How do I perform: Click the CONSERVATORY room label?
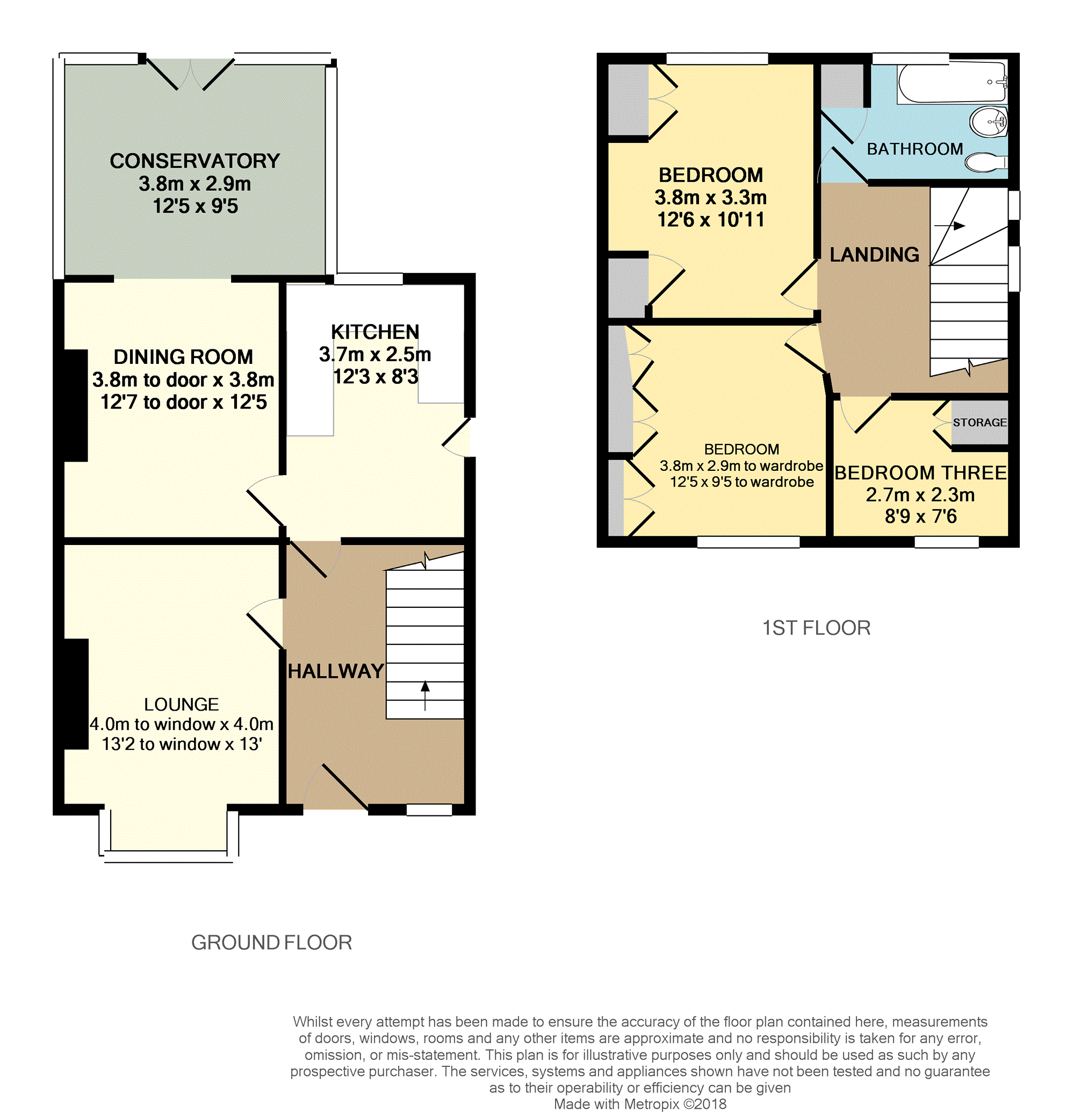tap(195, 161)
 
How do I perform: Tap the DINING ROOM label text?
tap(183, 357)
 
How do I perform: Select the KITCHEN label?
tap(375, 332)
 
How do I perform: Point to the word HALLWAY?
tap(336, 671)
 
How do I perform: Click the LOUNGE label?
tap(182, 704)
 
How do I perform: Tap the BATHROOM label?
tap(915, 149)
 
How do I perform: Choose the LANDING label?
tap(874, 255)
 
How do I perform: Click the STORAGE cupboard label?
tap(979, 422)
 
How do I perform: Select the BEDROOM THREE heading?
tap(920, 473)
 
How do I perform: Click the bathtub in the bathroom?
tap(951, 83)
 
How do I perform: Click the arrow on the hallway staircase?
tap(425, 695)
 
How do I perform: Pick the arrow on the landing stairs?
tap(950, 226)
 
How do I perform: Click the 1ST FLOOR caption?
tap(817, 628)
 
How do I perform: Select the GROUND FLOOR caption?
tap(271, 943)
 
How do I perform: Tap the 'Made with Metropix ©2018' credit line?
tap(640, 1103)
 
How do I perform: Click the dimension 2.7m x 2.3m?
tap(920, 495)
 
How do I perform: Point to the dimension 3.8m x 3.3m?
tap(711, 198)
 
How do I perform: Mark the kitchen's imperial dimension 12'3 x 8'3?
tap(376, 377)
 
